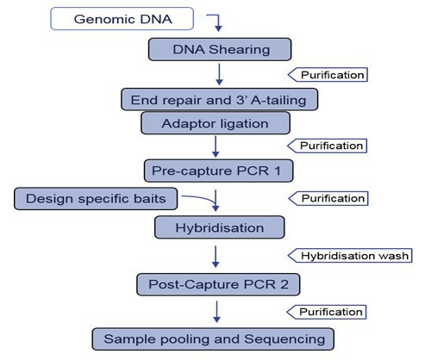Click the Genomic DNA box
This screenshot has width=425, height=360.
pyautogui.click(x=121, y=17)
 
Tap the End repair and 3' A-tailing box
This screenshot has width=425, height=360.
pyautogui.click(x=219, y=99)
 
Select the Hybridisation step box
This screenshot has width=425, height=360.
pyautogui.click(x=220, y=228)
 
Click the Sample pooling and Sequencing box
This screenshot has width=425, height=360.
pyautogui.click(x=216, y=338)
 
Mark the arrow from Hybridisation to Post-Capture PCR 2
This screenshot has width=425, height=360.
pyautogui.click(x=218, y=256)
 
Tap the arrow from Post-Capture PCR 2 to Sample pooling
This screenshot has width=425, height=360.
pyautogui.click(x=218, y=311)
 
